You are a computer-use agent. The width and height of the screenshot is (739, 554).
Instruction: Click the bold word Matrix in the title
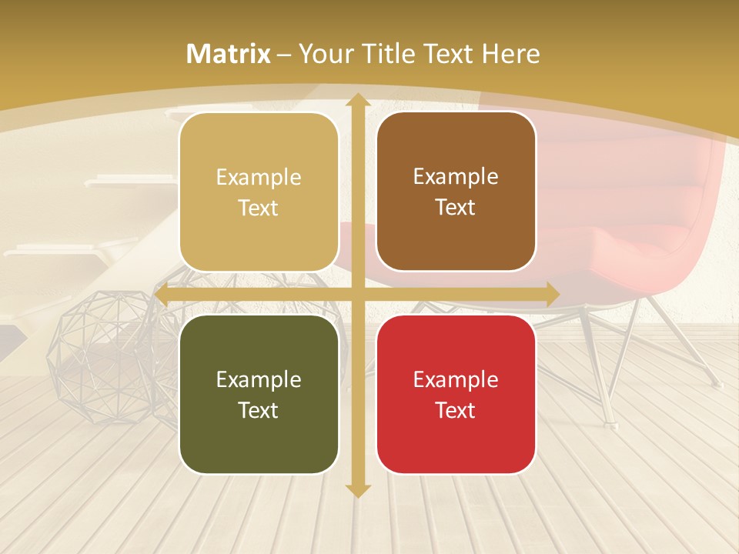[x=229, y=54]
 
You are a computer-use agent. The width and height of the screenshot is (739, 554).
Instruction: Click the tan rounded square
[x=259, y=192]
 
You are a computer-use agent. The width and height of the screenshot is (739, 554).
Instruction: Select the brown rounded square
[x=456, y=192]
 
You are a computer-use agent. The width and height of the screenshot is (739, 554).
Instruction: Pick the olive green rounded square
[x=259, y=394]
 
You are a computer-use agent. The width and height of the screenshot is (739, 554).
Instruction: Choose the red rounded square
[x=456, y=394]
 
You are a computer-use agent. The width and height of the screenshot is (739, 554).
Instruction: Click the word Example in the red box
[x=456, y=379]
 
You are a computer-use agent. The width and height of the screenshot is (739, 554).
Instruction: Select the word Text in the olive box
[x=259, y=410]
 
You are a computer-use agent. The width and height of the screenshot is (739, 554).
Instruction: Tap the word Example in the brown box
[x=456, y=177]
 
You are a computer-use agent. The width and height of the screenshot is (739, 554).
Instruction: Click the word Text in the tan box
[x=259, y=208]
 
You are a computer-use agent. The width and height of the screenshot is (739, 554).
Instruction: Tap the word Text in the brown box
[x=456, y=208]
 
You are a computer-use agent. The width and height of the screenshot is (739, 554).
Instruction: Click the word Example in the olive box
[x=259, y=379]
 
